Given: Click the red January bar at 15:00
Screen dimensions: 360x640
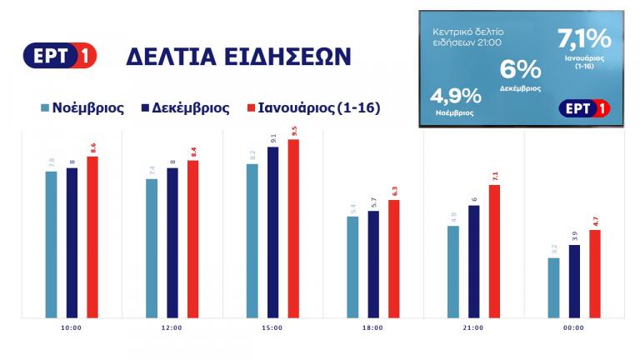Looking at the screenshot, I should [x=293, y=228].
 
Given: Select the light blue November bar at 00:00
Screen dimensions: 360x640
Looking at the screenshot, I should [x=554, y=287].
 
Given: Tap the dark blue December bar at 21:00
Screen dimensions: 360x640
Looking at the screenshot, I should [x=474, y=261].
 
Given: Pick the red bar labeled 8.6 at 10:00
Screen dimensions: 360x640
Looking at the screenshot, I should [x=92, y=237].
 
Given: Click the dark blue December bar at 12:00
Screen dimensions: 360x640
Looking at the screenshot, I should [x=172, y=242].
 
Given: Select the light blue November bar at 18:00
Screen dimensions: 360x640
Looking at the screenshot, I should [x=352, y=267].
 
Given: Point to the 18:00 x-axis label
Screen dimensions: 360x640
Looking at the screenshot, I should [x=372, y=328].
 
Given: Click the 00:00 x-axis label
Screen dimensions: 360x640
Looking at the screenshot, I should [x=574, y=328].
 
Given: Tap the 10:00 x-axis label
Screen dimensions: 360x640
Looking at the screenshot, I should [x=71, y=328].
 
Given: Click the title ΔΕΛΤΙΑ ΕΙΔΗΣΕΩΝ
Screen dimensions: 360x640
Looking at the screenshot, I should [x=238, y=57].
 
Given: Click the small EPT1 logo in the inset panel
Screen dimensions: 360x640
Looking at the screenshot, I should [x=582, y=108].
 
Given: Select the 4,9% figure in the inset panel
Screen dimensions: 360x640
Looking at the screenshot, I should [x=456, y=97].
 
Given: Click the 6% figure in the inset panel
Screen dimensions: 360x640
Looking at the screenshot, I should [x=520, y=71].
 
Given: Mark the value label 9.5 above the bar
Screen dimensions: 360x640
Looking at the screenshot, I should [x=293, y=132].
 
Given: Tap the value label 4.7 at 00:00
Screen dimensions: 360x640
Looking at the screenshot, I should [x=595, y=222].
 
